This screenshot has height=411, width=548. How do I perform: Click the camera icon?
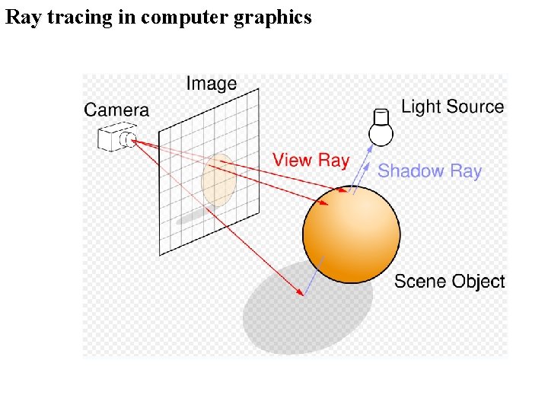click(x=116, y=138)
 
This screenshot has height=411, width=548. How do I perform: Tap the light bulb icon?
click(x=381, y=127)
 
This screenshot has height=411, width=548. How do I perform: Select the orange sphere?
click(x=351, y=234)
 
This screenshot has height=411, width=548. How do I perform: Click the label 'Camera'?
click(x=116, y=110)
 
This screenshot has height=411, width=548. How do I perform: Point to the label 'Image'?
click(x=212, y=84)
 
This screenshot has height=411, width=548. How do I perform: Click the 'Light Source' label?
click(x=452, y=107)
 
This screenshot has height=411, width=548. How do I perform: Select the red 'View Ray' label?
click(x=311, y=160)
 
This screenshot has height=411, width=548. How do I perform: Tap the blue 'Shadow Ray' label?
click(x=429, y=170)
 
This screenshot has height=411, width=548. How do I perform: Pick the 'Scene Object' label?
click(x=449, y=282)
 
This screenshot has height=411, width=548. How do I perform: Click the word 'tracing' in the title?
click(x=83, y=18)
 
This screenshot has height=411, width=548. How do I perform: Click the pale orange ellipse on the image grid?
click(x=218, y=180)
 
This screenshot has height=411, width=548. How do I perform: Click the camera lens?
click(x=130, y=139)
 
